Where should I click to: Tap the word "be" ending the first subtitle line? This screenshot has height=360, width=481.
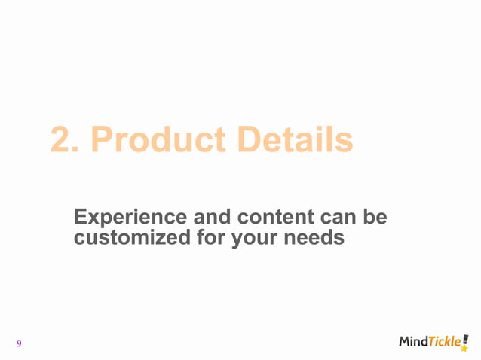(375, 218)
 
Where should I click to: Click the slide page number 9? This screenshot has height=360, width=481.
(19, 344)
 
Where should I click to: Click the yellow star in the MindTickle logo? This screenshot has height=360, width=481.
(464, 349)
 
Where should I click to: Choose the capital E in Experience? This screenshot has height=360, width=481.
(81, 218)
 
